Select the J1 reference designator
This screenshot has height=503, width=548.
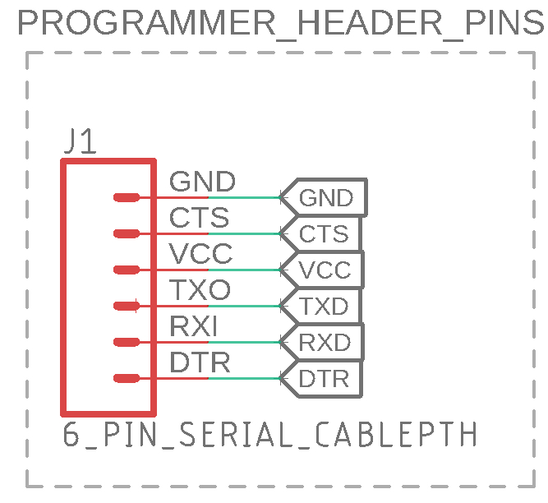coord(81,143)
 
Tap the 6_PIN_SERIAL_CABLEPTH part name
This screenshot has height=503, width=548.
coord(270,434)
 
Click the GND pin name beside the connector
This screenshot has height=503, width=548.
coord(202,182)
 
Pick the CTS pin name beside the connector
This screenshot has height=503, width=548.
coord(199,218)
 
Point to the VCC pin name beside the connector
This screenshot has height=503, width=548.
coord(200,254)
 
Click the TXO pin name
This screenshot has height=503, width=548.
coord(200,290)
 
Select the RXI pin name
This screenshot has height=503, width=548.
coord(194,326)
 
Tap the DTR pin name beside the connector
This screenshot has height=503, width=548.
coord(200,362)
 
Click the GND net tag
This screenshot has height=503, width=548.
coord(325,198)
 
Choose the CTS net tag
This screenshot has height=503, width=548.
coord(323,234)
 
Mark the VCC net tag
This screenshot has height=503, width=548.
coord(324,270)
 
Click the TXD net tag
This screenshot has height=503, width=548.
coord(324,307)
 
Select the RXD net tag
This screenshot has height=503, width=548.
coord(324,343)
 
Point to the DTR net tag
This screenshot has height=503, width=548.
coord(323,379)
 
